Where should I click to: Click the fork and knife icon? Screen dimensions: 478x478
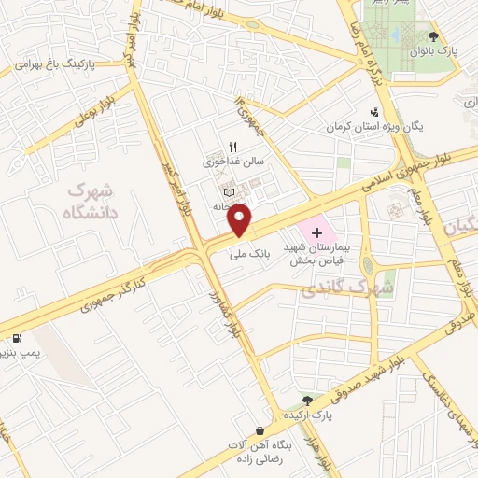point(232,147)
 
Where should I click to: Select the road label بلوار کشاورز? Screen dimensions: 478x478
point(242,331)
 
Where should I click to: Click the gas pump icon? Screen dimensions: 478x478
point(16,337)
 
